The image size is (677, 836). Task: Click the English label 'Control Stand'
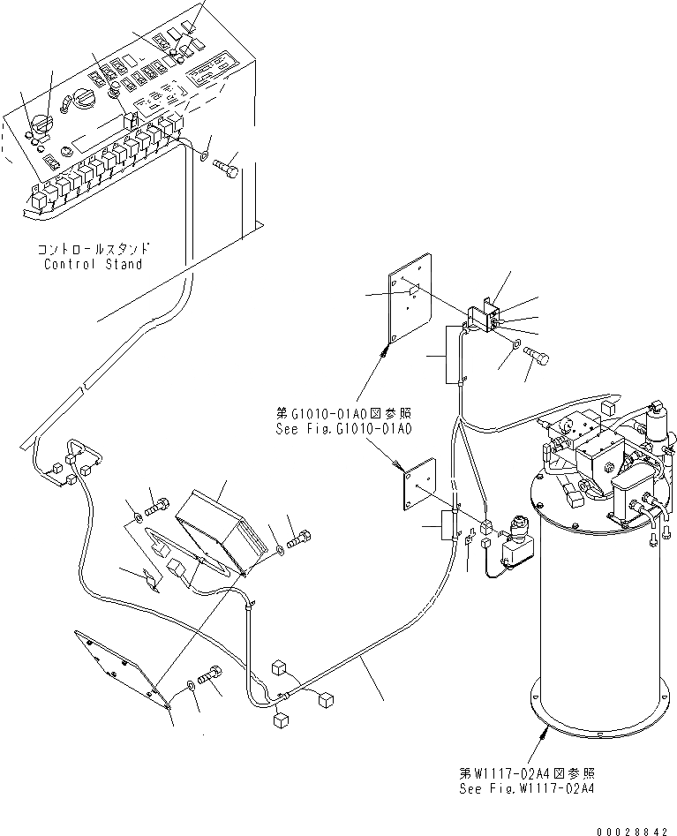(93, 264)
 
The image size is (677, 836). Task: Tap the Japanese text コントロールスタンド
(93, 250)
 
